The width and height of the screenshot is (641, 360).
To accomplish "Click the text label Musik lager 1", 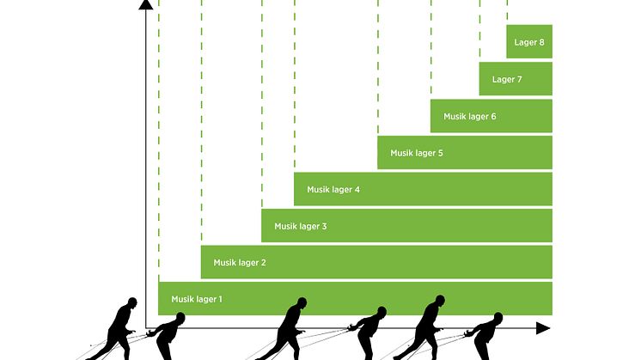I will tap(197, 299).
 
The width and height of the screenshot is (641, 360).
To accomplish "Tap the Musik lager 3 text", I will tap(300, 226).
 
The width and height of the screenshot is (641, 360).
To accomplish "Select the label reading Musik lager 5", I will tap(416, 153).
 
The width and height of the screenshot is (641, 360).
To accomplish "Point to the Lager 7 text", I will tap(507, 80).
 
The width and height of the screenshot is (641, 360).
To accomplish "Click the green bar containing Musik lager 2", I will tap(376, 262).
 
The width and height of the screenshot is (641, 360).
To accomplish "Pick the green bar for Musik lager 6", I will tap(491, 116).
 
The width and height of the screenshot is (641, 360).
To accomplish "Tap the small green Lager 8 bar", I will tap(528, 42).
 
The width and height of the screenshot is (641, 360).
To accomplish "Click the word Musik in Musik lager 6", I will tap(455, 116).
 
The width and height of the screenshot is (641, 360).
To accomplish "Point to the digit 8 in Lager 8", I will tap(542, 42).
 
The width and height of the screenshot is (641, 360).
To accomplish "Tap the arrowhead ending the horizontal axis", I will tap(541, 328).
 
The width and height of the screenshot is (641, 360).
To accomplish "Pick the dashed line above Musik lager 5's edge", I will tap(377, 69).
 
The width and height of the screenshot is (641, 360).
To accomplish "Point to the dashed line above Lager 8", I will tap(507, 12).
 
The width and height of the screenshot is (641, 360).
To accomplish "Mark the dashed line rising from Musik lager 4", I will tap(294, 86).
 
